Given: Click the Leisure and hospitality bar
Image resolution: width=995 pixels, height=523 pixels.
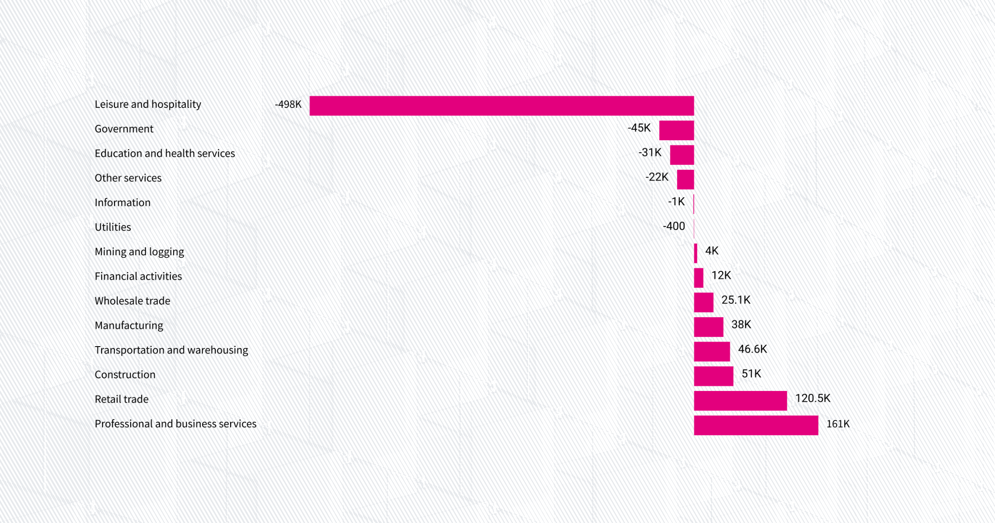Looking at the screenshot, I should [x=502, y=105].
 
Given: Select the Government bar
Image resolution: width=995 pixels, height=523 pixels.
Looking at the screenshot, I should [x=676, y=130].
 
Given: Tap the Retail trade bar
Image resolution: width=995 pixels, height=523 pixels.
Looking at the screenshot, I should [x=740, y=401].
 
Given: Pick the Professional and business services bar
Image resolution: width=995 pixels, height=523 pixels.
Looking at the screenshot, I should [x=756, y=425].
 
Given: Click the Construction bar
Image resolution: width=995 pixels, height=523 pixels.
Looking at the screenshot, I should [x=713, y=376].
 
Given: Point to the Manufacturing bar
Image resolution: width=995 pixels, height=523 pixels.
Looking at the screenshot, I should [x=708, y=327].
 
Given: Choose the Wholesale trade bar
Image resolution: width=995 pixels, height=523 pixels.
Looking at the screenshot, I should [x=703, y=302].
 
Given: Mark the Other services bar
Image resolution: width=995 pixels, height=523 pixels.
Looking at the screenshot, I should [x=685, y=179].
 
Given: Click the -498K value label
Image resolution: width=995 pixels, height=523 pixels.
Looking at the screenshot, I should [x=288, y=104].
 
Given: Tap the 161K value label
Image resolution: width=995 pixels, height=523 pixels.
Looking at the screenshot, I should [x=838, y=424].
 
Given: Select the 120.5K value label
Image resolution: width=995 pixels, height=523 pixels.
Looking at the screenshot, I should [x=813, y=398].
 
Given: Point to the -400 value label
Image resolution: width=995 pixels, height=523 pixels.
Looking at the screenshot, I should [x=674, y=226].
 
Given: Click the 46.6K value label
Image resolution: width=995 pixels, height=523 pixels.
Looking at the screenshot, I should [x=752, y=349].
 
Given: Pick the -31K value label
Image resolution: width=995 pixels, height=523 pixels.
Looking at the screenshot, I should [x=650, y=153].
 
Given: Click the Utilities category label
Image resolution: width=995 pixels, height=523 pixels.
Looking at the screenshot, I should [x=113, y=227].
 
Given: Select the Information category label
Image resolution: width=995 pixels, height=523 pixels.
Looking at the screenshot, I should [x=123, y=203].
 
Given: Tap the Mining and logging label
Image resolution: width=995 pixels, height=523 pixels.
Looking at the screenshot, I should [x=139, y=252].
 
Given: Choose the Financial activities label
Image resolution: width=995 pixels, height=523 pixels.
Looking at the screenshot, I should [x=138, y=276].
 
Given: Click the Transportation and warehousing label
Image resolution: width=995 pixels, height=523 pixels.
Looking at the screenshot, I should [x=171, y=350].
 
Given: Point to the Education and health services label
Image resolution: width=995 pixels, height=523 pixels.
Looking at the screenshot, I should [x=165, y=154].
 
